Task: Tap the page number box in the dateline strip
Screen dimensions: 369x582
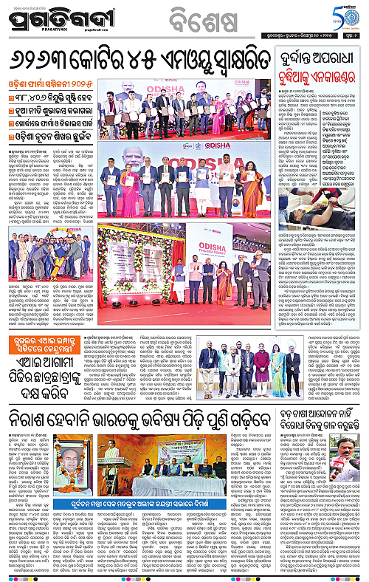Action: point(352,38)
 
